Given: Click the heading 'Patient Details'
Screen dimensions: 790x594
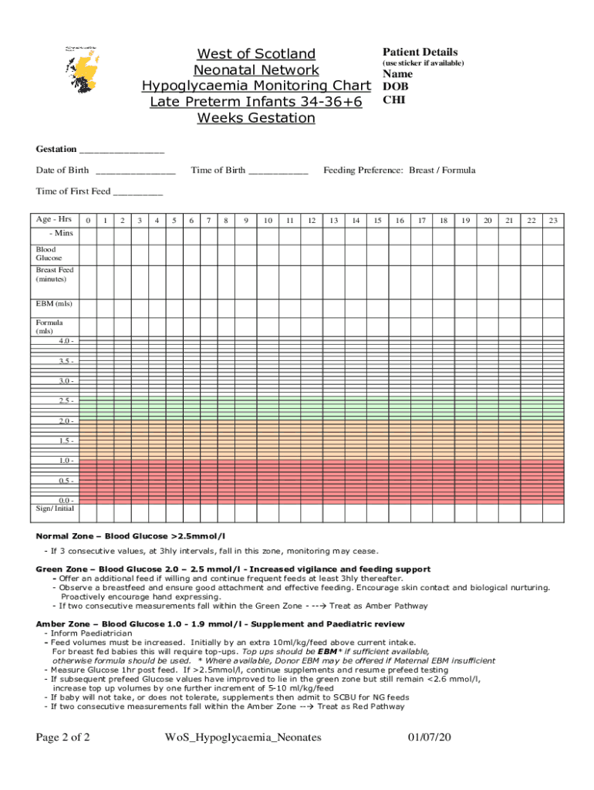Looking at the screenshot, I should pos(420,52).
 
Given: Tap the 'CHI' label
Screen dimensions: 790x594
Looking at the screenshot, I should pos(393,100).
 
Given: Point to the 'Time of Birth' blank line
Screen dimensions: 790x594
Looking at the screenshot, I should pos(278,170).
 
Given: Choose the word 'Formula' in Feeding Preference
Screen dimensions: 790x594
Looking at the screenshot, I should pos(457,170).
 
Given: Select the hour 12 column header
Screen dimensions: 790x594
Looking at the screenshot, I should pos(312,221).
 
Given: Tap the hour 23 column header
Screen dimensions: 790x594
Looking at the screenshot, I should pos(553,221).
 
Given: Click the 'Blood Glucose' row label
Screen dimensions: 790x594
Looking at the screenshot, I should pos(49,254).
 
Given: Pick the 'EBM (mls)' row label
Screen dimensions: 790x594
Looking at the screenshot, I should pos(54,303).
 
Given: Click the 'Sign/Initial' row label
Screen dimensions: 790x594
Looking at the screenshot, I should pos(55,509).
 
